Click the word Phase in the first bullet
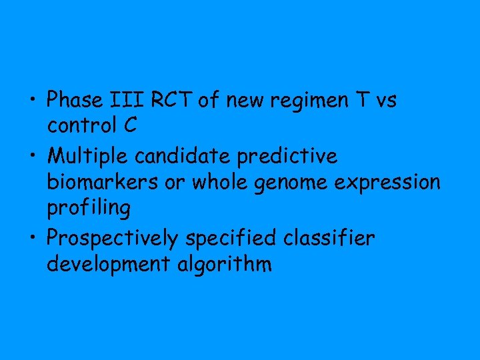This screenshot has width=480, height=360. pyautogui.click(x=73, y=101)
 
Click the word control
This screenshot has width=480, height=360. pyautogui.click(x=81, y=127)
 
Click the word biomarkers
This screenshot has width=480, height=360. pyautogui.click(x=102, y=182)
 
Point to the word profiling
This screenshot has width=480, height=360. pyautogui.click(x=88, y=209)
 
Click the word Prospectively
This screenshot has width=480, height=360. pyautogui.click(x=117, y=239)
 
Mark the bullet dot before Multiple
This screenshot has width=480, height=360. pyautogui.click(x=33, y=157)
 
